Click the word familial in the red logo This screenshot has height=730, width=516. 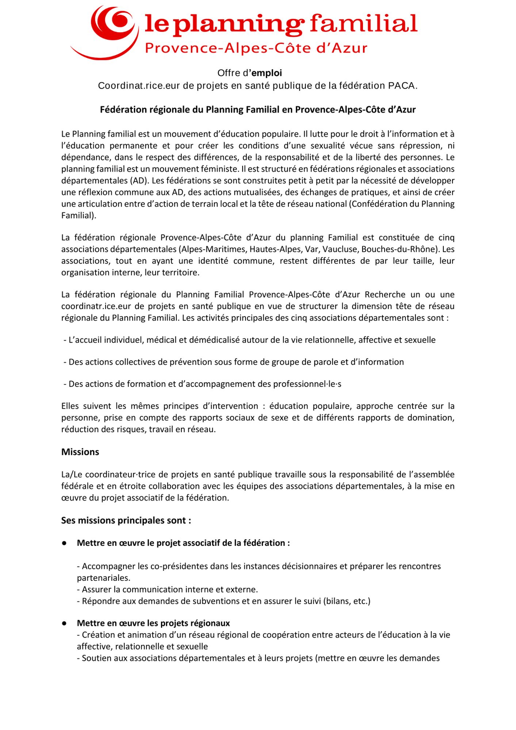364,23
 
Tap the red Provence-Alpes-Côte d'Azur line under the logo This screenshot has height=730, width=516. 256,48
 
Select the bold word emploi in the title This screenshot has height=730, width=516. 267,73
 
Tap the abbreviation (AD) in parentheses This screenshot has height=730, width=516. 139,181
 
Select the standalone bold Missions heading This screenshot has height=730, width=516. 80,452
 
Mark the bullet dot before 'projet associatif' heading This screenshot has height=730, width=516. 64,543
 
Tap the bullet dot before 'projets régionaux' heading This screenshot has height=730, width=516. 64,623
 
